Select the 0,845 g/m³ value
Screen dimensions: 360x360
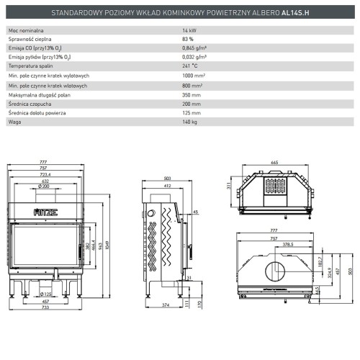[x=194, y=54]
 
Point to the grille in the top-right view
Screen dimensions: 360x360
[x=276, y=186]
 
